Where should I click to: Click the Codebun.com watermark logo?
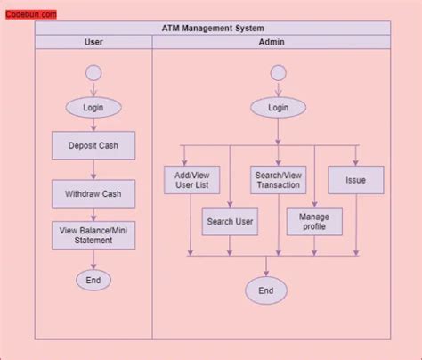(32, 14)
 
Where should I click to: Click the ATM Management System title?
(213, 29)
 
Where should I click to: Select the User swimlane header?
(93, 42)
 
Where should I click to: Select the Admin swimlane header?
(272, 42)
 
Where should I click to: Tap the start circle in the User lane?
(93, 73)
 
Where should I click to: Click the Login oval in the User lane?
(93, 107)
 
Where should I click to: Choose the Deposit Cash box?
(93, 145)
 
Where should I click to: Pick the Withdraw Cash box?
(93, 193)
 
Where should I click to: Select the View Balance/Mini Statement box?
(93, 235)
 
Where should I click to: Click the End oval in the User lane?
(93, 280)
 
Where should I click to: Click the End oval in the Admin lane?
(266, 290)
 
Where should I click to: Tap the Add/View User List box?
(192, 181)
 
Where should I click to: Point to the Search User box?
(230, 221)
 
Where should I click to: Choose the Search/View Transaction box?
(278, 181)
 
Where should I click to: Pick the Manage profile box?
(313, 221)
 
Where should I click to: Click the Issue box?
(356, 181)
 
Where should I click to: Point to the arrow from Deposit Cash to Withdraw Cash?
(93, 169)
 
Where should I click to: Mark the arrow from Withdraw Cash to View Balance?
(93, 215)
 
